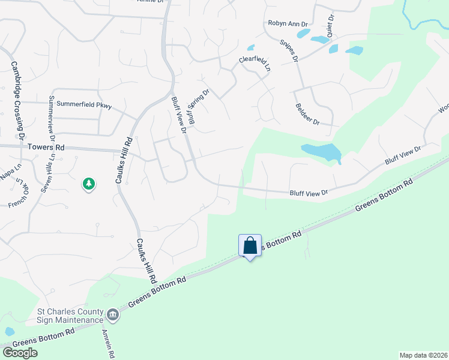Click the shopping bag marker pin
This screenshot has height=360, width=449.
pos(250,246)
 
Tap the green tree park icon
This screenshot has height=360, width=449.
pos(89,183)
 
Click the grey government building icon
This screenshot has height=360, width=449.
pos(113,314)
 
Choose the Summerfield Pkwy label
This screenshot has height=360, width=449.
pos(88,106)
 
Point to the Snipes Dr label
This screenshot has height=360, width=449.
pos(289,52)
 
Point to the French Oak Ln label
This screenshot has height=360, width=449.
pos(19,194)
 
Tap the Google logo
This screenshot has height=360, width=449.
pos(20,352)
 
